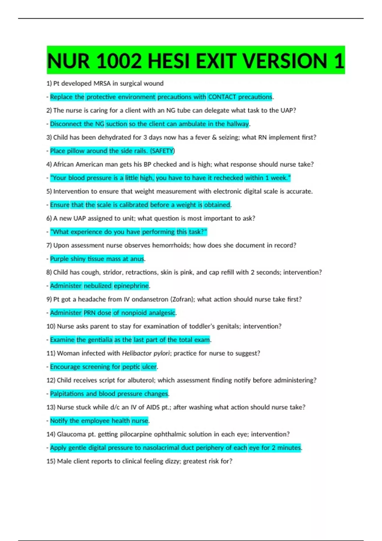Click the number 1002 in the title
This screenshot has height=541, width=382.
coord(118,61)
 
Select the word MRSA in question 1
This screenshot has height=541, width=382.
coord(102,83)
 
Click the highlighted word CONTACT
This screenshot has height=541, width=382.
coord(222,97)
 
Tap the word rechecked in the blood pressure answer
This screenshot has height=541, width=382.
coord(228,178)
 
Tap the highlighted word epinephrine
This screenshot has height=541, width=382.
coord(131,286)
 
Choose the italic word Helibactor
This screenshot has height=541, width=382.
coord(137,353)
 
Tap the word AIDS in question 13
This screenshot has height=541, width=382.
coord(153,407)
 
